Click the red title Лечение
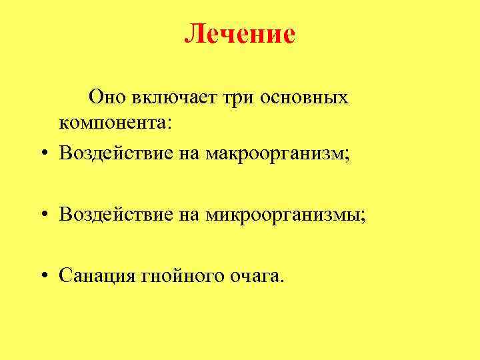[239, 33]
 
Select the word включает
[170, 97]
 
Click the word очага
[254, 276]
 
